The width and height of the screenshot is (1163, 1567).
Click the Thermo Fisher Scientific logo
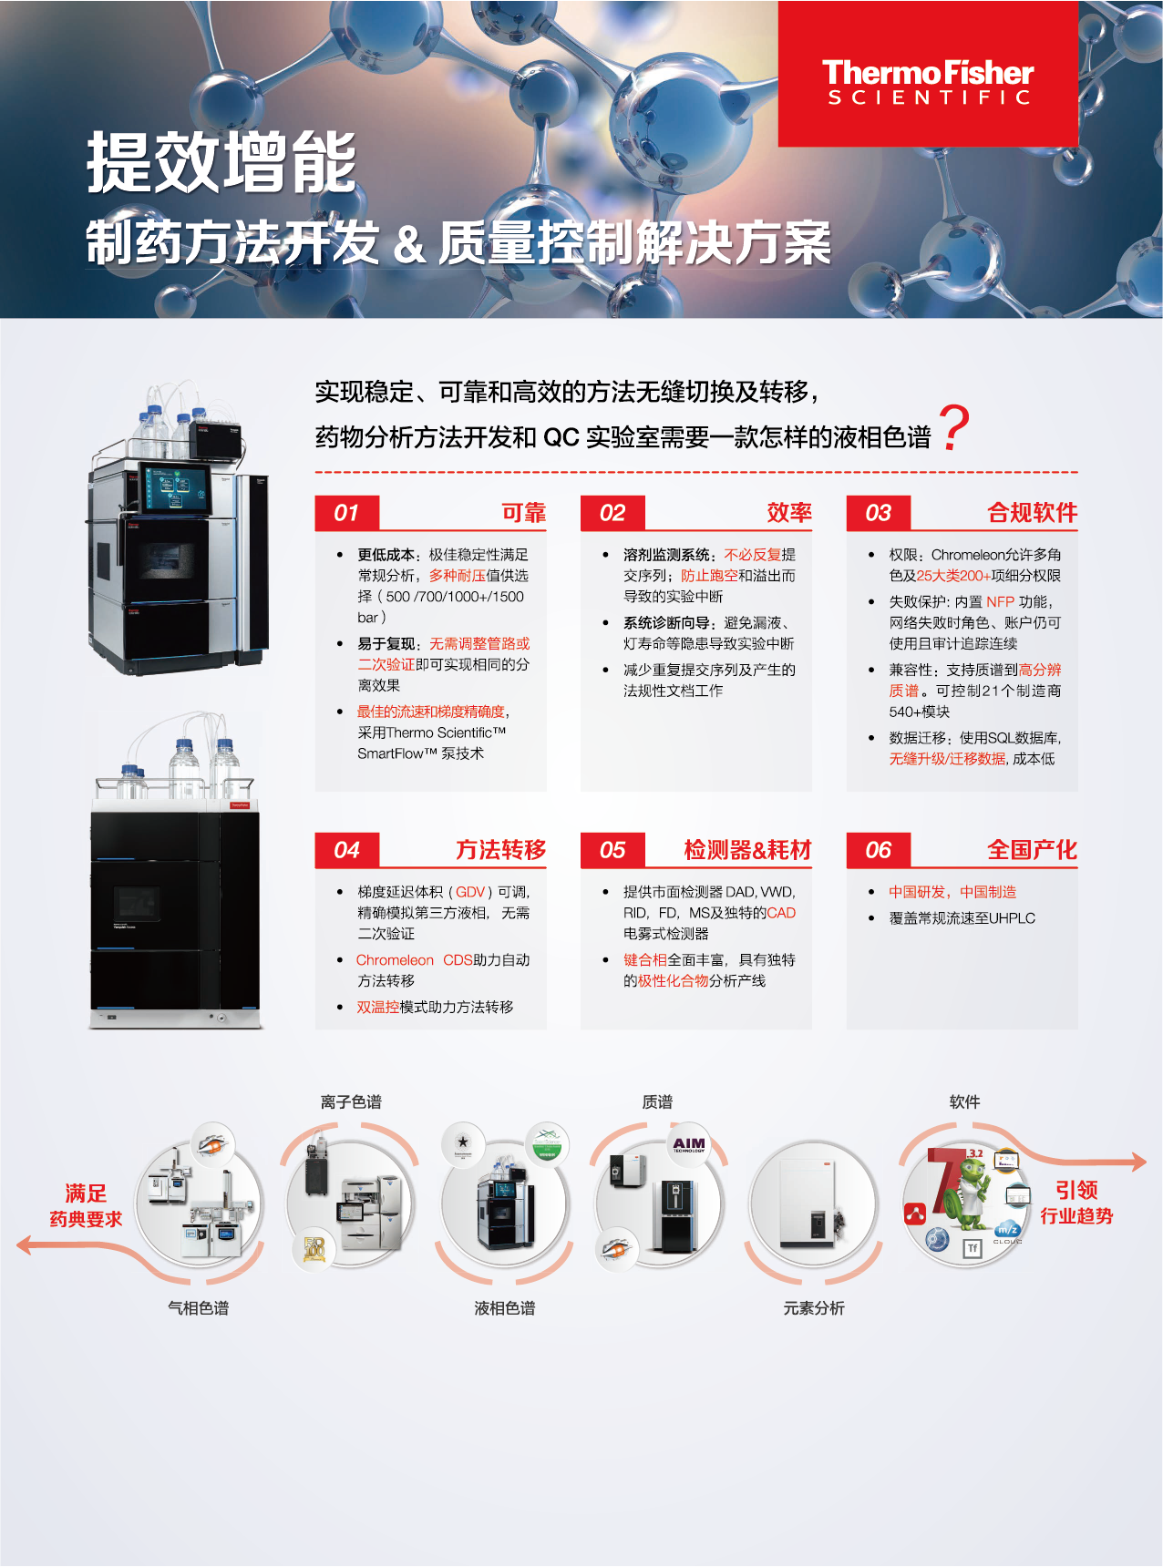point(928,82)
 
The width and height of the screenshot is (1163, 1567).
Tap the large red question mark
point(953,428)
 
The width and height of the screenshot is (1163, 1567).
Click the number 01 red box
point(346,513)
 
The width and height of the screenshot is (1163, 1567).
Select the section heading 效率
point(788,513)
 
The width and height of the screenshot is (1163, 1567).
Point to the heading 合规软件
point(1032,513)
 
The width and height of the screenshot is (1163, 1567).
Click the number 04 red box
point(346,850)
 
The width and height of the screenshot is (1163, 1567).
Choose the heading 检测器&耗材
point(747,850)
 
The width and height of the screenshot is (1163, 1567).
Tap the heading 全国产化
point(1032,850)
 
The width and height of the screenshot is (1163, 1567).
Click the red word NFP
point(1000,602)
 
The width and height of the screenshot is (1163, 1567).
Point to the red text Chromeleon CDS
point(414,960)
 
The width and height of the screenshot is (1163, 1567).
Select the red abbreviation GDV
point(470,892)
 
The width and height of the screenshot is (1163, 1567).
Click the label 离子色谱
point(351,1102)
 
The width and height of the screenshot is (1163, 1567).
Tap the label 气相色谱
point(198,1308)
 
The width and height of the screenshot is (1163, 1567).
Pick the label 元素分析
point(814,1308)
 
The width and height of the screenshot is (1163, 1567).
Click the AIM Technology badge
point(689,1143)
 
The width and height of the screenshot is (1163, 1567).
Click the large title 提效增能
point(221,161)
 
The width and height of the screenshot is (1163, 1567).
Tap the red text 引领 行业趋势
point(1076,1203)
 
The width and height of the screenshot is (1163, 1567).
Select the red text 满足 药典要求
point(86,1205)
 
